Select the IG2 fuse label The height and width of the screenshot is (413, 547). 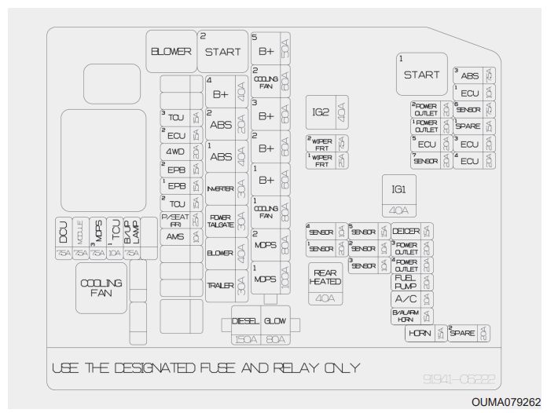[321, 111]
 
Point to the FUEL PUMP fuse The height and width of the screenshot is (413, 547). [405, 282]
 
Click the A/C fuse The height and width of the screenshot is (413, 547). [406, 299]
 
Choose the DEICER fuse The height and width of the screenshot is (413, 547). [406, 231]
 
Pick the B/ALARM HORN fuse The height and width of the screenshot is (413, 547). [406, 316]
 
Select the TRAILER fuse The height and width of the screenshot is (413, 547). [220, 285]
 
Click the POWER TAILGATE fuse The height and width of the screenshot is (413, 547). [220, 221]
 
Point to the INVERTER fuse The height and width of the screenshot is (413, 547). [220, 188]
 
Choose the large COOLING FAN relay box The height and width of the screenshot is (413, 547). [101, 288]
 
